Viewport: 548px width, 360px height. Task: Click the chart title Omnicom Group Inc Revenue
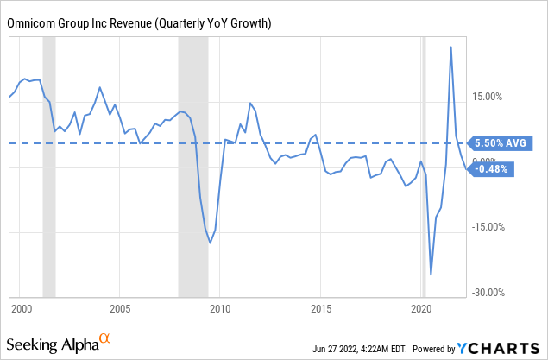[x=139, y=22]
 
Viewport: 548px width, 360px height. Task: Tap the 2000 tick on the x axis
[x=21, y=308]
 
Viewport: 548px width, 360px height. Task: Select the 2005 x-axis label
[x=120, y=308]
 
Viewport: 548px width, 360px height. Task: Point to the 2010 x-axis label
[x=219, y=308]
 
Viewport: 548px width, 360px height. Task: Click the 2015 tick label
[x=321, y=308]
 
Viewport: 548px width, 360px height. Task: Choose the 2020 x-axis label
[x=420, y=308]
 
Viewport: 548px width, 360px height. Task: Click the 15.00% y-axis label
[x=488, y=97]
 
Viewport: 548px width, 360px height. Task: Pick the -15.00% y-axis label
[x=489, y=227]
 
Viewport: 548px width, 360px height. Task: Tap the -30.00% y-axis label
[x=489, y=293]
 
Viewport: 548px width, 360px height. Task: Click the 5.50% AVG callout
[x=500, y=143]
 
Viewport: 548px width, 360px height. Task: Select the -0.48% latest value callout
[x=494, y=169]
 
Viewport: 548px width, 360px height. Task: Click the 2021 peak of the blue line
[x=450, y=47]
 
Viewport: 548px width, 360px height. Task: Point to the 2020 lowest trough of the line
[x=431, y=275]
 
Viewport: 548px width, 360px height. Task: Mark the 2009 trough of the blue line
[x=210, y=243]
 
